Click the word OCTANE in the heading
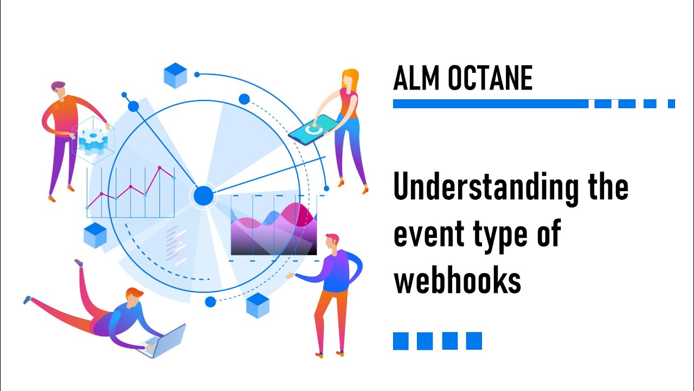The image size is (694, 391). click(x=490, y=79)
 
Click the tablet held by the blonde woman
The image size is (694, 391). click(x=311, y=130)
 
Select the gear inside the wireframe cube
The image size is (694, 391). click(x=93, y=140)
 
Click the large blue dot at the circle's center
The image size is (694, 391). click(x=204, y=195)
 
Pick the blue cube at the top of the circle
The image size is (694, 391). click(x=175, y=75)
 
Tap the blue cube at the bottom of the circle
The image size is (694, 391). click(x=258, y=305)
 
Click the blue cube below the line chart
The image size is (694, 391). click(x=95, y=235)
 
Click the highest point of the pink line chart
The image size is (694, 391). click(x=159, y=167)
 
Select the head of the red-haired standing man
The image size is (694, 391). click(x=332, y=242)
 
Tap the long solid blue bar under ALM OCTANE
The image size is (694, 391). click(x=490, y=104)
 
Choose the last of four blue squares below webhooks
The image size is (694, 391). click(x=474, y=340)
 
